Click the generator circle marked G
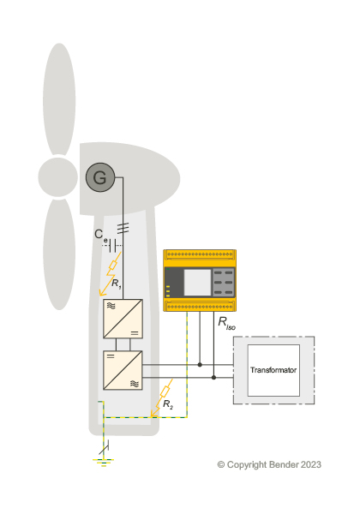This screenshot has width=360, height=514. (100, 177)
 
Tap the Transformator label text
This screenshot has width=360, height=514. (273, 370)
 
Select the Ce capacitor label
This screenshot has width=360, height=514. (100, 236)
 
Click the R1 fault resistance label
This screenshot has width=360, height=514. (116, 284)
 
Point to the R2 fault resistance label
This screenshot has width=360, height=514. (168, 404)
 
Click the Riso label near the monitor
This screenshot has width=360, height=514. (226, 323)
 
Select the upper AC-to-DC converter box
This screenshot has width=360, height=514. (123, 319)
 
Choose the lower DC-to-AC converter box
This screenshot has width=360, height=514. (123, 370)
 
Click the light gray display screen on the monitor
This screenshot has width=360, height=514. (197, 283)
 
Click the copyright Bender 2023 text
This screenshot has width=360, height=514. (269, 464)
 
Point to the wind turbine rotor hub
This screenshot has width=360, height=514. (58, 177)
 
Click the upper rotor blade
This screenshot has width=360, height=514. (59, 99)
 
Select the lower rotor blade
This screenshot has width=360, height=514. (59, 254)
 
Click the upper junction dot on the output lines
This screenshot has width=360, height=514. (200, 365)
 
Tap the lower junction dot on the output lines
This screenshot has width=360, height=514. (213, 378)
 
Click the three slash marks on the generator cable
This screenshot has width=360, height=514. (123, 228)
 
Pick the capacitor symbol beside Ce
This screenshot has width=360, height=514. (113, 246)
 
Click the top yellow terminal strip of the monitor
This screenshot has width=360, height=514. (200, 254)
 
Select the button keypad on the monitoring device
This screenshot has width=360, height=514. (223, 283)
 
